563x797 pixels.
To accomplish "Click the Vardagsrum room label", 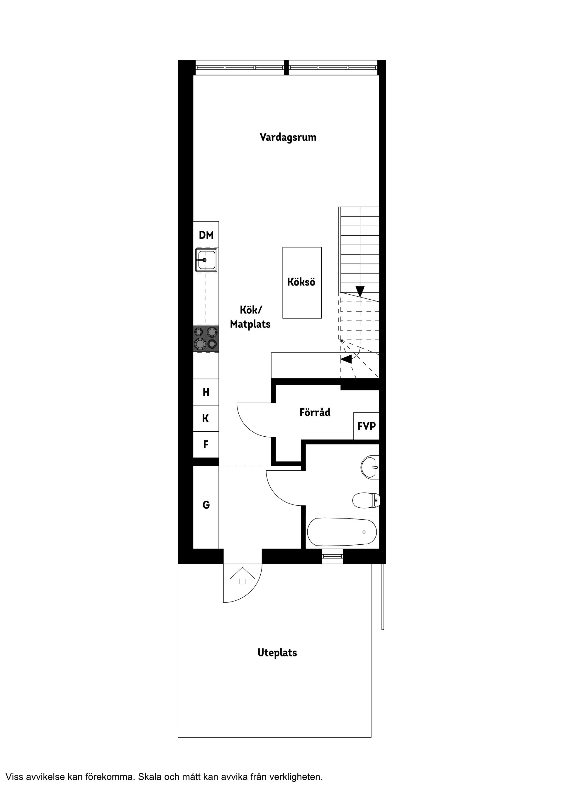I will pos(288,137).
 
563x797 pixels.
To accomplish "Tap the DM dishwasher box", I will pos(206,235).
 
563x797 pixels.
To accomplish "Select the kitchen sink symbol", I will pos(206,260).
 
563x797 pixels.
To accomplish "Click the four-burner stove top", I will pos(206,338).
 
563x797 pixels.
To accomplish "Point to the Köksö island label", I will pos(301,282).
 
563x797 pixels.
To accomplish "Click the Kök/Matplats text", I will pos(250,317).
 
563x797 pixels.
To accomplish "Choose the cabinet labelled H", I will pos(206,392).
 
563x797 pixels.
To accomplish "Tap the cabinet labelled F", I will pos(206,444).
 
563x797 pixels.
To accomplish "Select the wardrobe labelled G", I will pos(206,505).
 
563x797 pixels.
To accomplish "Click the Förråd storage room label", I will pos(315,412).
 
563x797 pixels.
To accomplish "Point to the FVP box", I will pos(366,426).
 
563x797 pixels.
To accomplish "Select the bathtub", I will pos(342,532).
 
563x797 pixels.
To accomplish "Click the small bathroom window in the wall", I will pos(332,556).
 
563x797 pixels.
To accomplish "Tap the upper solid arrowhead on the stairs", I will pos(360,291).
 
